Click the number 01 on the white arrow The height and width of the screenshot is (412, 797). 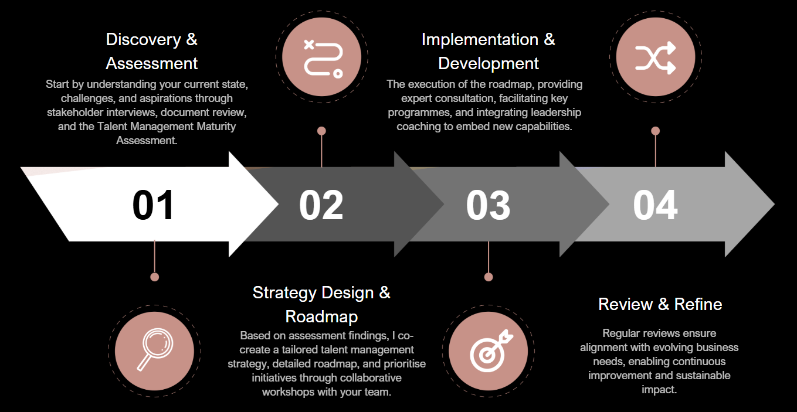(153, 205)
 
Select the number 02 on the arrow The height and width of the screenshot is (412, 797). (321, 205)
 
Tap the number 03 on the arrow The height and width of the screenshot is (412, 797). (488, 205)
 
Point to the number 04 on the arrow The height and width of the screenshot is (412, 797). (655, 205)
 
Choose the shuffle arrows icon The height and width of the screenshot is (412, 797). (656, 57)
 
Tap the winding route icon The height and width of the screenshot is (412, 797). (321, 57)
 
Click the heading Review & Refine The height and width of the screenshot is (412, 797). (660, 304)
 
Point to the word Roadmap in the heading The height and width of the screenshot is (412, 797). (321, 316)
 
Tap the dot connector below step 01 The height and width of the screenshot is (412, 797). (155, 277)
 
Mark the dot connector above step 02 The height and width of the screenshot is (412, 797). (321, 131)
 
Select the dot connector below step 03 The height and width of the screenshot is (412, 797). (489, 277)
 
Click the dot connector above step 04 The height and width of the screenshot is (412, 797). (656, 131)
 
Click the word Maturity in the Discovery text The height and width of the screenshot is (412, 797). (216, 127)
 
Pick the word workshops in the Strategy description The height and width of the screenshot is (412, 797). (288, 391)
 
